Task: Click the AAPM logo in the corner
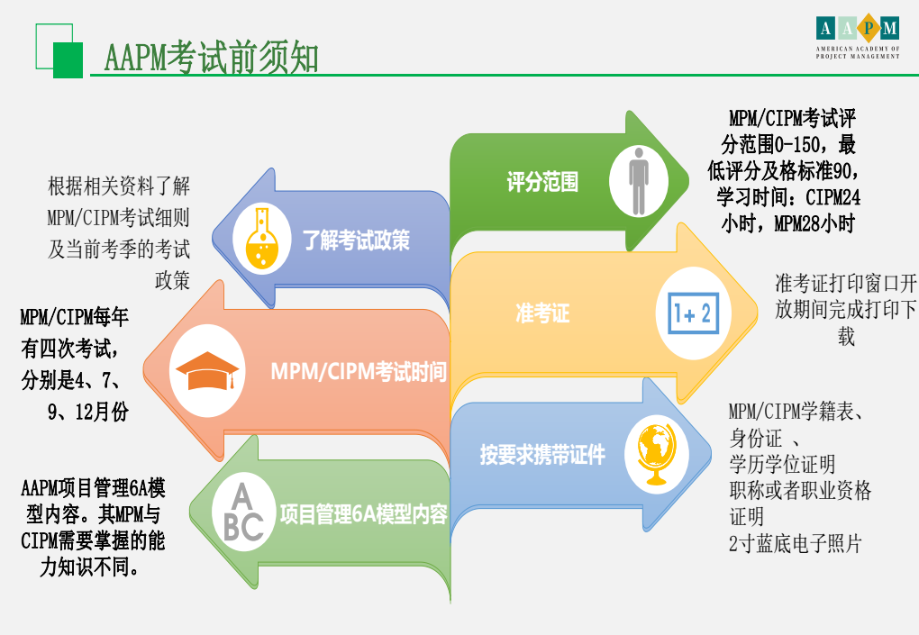click(x=858, y=36)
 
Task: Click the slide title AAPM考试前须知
click(x=211, y=58)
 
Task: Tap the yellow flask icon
click(x=261, y=239)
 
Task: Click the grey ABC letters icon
click(x=243, y=513)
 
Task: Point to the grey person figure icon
click(x=638, y=181)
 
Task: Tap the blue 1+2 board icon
click(x=694, y=313)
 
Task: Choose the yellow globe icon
click(x=657, y=454)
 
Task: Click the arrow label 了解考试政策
click(x=356, y=240)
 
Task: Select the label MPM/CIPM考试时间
click(x=359, y=372)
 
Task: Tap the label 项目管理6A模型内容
click(x=363, y=514)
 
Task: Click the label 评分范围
click(x=542, y=182)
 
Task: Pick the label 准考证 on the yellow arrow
click(x=542, y=313)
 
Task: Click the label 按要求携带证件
click(x=542, y=455)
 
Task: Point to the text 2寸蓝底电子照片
click(x=795, y=544)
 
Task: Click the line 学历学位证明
click(x=782, y=465)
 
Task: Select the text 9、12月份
click(x=88, y=412)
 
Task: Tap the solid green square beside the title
click(x=68, y=60)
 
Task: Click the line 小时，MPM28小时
click(x=787, y=223)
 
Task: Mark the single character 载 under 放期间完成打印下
click(x=846, y=336)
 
